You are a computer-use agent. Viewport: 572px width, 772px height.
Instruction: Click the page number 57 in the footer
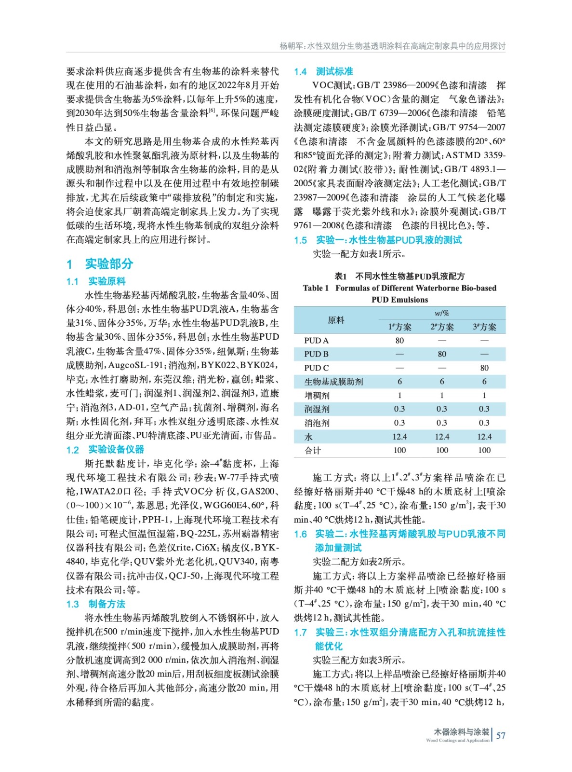(501, 735)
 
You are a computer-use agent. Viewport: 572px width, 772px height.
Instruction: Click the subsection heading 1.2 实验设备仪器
(105, 450)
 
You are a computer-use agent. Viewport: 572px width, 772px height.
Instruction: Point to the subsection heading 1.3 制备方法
(95, 604)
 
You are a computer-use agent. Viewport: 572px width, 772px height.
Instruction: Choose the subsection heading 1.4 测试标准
(323, 71)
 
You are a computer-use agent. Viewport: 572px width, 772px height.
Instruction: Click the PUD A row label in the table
(316, 340)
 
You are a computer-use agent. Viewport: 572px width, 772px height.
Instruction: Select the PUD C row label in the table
(316, 368)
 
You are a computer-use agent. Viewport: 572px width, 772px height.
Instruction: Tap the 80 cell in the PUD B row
(441, 354)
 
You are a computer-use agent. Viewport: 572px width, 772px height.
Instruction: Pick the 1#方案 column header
(399, 327)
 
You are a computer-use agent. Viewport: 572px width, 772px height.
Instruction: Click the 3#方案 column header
(484, 327)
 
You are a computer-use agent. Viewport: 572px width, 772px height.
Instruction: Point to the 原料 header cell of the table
(336, 320)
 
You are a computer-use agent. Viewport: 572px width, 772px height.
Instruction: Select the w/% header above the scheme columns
(441, 313)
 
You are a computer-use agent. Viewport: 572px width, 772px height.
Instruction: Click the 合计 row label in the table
(312, 450)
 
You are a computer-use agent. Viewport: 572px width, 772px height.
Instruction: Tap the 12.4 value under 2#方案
(441, 437)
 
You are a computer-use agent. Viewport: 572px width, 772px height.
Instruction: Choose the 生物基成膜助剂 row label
(333, 382)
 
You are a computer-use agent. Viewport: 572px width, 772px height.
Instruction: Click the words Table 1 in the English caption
(316, 288)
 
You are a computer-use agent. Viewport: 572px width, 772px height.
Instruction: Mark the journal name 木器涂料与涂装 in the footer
(461, 732)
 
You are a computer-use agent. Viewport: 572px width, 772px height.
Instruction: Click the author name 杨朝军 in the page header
(291, 46)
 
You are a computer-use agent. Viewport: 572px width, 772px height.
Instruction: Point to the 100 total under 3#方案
(484, 450)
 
